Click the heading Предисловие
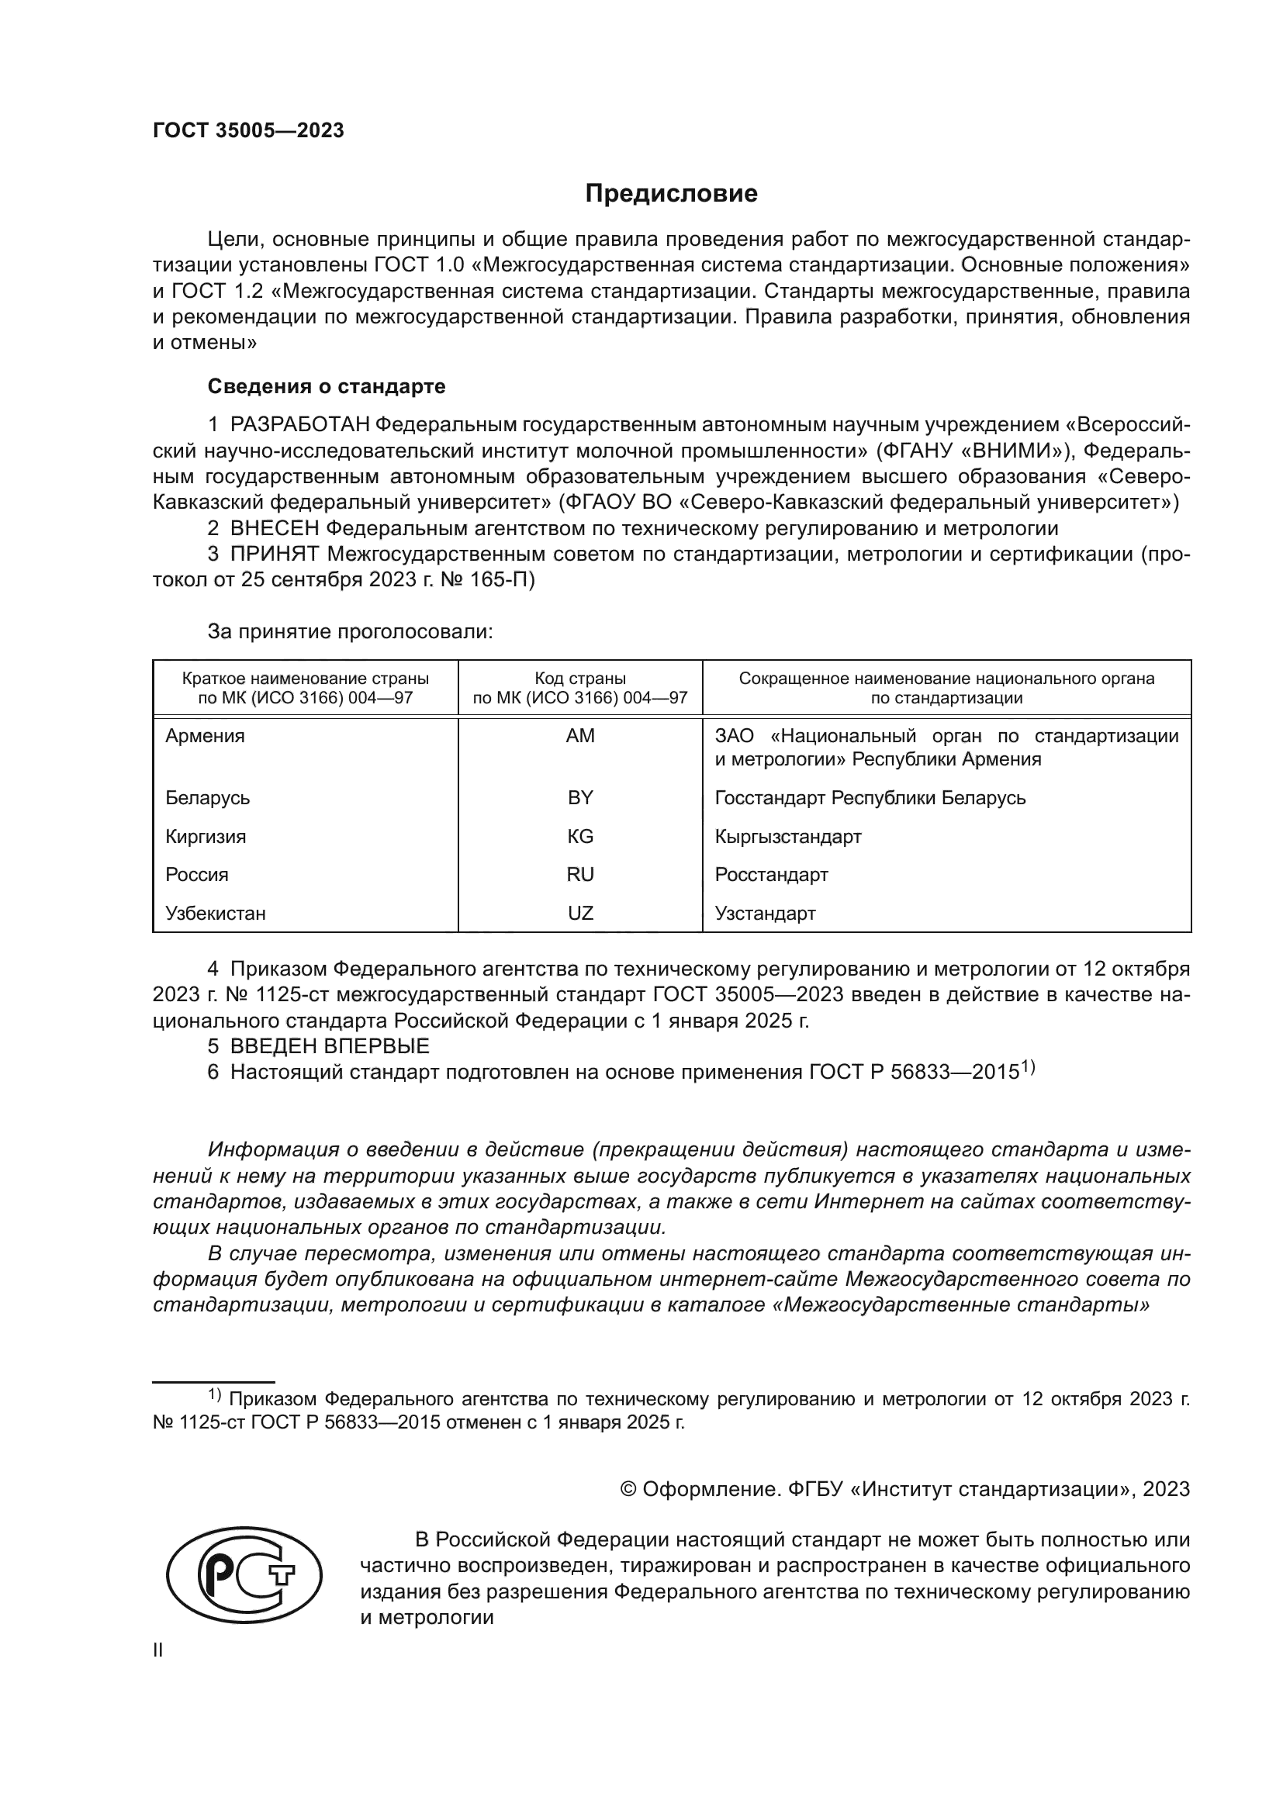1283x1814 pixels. tap(671, 193)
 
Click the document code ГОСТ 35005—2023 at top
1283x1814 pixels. tap(248, 130)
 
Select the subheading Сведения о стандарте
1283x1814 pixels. tap(327, 386)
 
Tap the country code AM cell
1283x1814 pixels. tap(580, 735)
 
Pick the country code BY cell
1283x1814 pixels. tap(580, 797)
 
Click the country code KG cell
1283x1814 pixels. tap(580, 836)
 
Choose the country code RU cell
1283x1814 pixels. tap(580, 875)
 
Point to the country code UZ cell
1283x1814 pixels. tap(580, 914)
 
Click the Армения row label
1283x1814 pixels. tap(205, 735)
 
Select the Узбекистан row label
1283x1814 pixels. tap(215, 914)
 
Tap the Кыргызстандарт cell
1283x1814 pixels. tap(787, 836)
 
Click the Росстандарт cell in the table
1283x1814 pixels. tap(771, 875)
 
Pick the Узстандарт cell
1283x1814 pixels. tap(765, 914)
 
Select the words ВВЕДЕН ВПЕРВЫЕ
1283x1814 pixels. tap(330, 1046)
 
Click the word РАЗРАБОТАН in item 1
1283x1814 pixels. tap(300, 424)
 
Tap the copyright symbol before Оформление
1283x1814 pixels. tap(628, 1489)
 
